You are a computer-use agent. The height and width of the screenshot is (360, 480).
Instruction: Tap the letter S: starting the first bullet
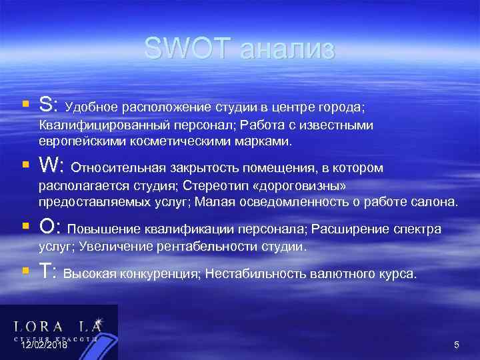coord(49,105)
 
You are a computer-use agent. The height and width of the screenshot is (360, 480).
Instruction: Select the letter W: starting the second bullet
coord(52,164)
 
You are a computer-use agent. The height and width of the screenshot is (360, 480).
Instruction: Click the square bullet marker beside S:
coord(25,105)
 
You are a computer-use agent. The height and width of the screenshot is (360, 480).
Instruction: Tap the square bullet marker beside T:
coord(25,270)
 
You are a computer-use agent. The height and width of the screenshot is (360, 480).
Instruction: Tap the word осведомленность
coord(287,202)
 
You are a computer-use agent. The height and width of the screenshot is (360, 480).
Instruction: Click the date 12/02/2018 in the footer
coord(44,345)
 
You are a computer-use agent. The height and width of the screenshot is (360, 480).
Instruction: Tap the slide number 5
coord(457,345)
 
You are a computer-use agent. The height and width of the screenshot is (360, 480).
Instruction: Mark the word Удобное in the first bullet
coord(91,107)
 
